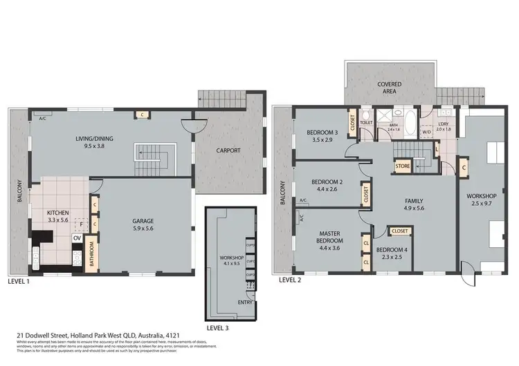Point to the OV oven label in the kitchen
[78, 237]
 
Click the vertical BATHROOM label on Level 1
[90, 253]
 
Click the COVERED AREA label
[389, 88]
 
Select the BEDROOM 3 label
[322, 136]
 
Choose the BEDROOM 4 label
[388, 253]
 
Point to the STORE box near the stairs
[403, 166]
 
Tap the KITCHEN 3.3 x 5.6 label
[57, 217]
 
